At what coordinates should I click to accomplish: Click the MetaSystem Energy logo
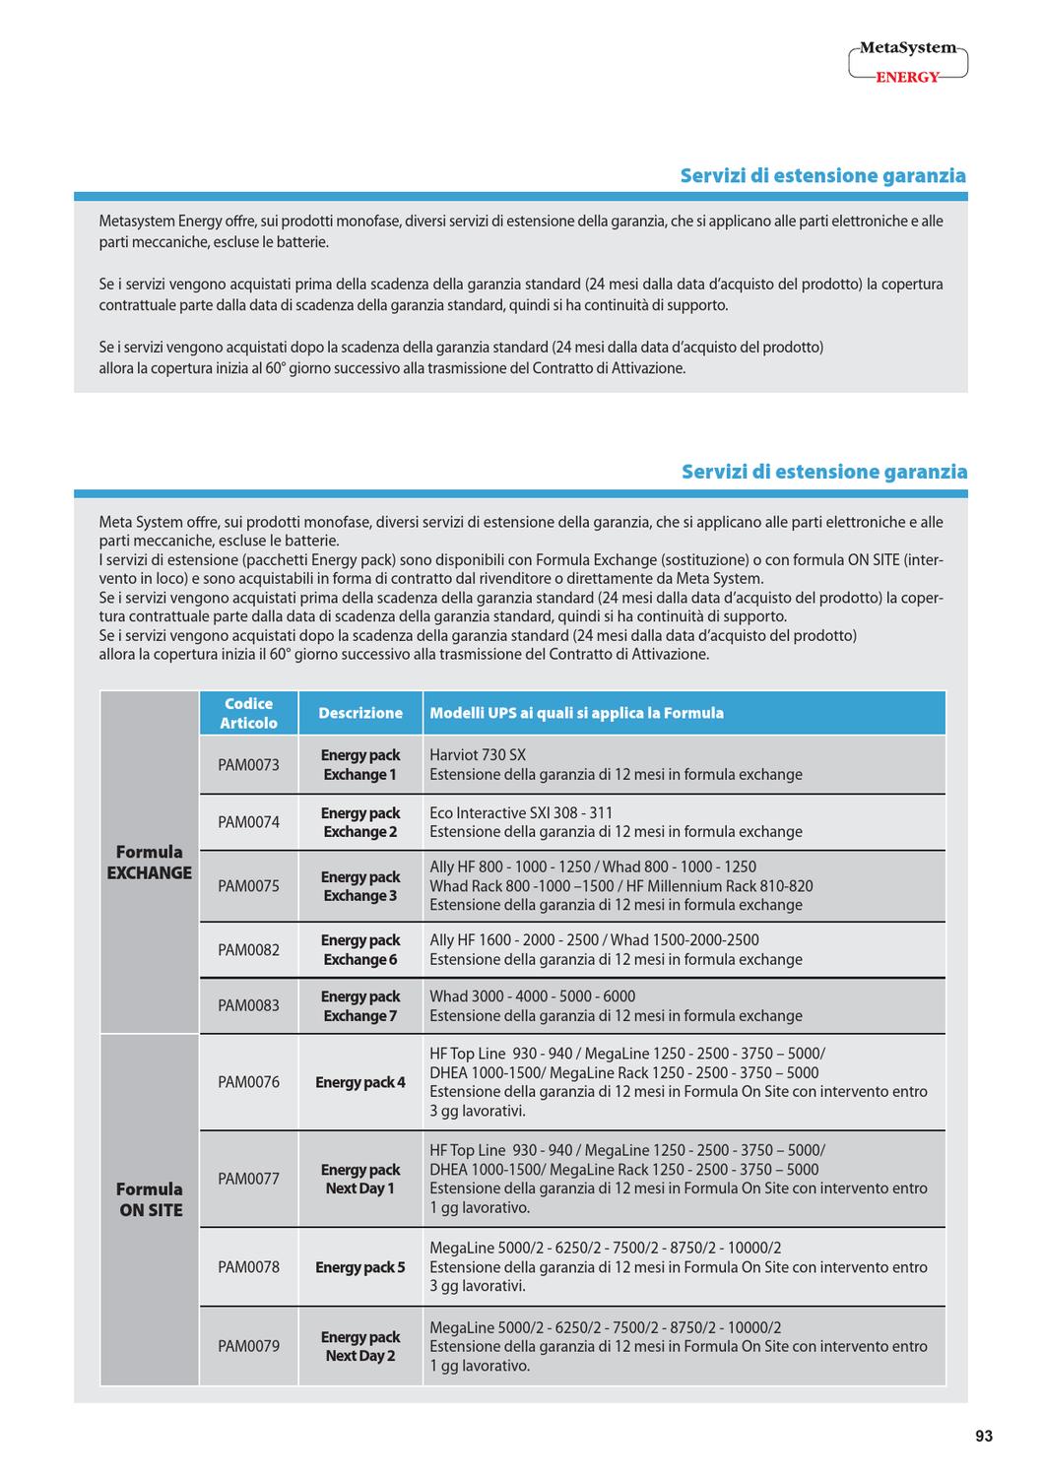tap(907, 62)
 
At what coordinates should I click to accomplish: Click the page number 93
tap(983, 1437)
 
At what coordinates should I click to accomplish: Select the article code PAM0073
tap(248, 765)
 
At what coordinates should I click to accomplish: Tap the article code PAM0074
tap(248, 822)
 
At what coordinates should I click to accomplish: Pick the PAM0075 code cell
tap(248, 886)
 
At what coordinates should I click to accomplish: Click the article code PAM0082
tap(248, 950)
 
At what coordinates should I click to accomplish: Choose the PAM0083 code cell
tap(248, 1005)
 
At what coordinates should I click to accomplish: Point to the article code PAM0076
tap(248, 1082)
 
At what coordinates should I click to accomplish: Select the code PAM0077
tap(248, 1179)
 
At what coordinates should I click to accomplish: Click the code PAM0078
tap(248, 1267)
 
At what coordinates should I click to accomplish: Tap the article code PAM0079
tap(248, 1346)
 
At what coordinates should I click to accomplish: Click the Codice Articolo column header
tap(248, 713)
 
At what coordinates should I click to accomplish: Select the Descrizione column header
tap(360, 713)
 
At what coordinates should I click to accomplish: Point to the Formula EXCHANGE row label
tap(150, 863)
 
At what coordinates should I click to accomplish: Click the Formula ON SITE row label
tap(150, 1199)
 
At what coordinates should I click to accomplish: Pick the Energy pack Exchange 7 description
tap(360, 1005)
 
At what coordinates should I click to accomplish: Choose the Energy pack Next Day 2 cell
tap(360, 1346)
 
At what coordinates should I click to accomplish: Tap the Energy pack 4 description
tap(360, 1082)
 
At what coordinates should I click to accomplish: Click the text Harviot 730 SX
tap(478, 755)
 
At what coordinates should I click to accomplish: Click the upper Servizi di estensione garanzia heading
tap(822, 175)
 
